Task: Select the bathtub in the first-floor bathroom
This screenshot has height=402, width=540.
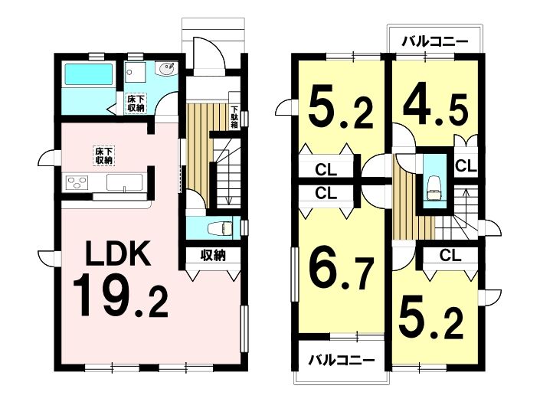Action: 89,75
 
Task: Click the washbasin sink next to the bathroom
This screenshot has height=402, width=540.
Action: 166,69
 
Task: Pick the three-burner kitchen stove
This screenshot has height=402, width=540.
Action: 77,182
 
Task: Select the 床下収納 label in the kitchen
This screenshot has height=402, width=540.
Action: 103,156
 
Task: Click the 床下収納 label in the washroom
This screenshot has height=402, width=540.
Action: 136,103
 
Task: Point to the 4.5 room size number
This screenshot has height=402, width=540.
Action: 436,110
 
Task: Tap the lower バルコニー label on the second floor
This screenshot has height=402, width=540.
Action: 341,361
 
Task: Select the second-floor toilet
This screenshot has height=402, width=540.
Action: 434,189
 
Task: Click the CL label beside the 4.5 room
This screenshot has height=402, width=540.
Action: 466,166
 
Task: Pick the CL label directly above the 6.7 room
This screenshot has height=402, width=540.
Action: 326,193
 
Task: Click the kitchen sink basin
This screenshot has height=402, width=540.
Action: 124,182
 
